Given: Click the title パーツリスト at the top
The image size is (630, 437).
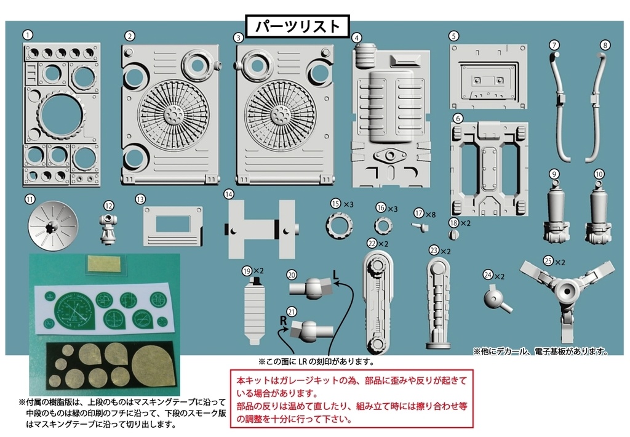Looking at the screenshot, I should pyautogui.click(x=297, y=26).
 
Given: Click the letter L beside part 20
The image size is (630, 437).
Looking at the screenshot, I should pyautogui.click(x=336, y=273).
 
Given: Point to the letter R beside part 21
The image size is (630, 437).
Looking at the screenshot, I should pyautogui.click(x=284, y=320).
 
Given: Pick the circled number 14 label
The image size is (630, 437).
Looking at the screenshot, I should pyautogui.click(x=229, y=193).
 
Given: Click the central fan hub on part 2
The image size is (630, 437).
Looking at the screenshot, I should pyautogui.click(x=169, y=115).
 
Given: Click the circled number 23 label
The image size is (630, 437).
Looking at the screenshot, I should pyautogui.click(x=434, y=251).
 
